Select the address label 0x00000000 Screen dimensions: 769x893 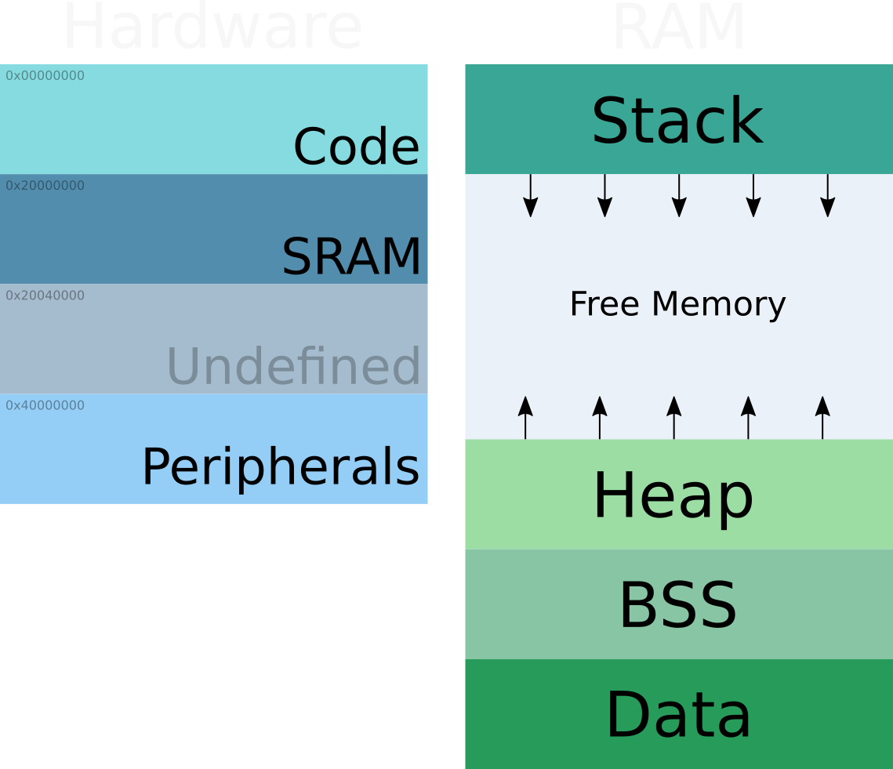coord(45,76)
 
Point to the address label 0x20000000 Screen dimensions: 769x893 coord(45,186)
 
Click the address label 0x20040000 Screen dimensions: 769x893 coord(45,296)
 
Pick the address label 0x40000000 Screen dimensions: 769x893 coord(45,405)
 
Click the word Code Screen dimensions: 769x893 coord(356,147)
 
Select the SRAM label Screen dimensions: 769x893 coord(351,256)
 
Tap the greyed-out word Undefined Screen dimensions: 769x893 coord(293,366)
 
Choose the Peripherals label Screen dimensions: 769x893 coord(280,467)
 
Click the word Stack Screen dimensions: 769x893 coord(677,122)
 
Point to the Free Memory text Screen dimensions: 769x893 coord(677,304)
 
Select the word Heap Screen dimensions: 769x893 coord(673,495)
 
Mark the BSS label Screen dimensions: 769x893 coord(678,606)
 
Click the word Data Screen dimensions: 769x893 coord(678,715)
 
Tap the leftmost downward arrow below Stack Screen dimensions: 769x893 coord(531,195)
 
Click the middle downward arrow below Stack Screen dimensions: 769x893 coord(679,195)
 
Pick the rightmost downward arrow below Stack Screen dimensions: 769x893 coord(827,195)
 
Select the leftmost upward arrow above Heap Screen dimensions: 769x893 coord(525,418)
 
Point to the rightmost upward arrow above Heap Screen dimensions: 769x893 coord(822,418)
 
